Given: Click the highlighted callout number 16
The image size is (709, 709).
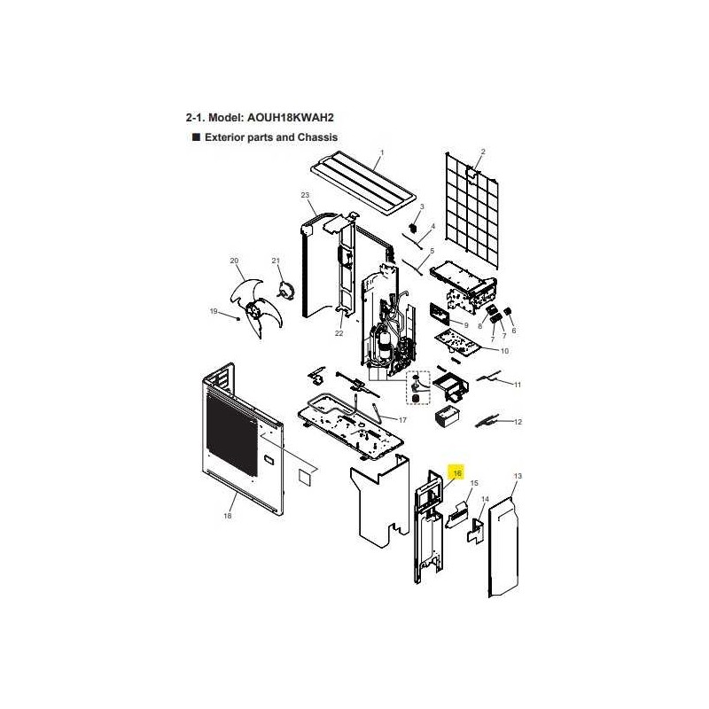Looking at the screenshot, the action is pyautogui.click(x=457, y=473).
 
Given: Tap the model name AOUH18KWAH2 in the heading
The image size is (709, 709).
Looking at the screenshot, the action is pyautogui.click(x=291, y=118).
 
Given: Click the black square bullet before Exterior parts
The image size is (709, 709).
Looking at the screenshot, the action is pyautogui.click(x=196, y=137).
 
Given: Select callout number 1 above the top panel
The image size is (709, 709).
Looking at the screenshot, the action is pyautogui.click(x=382, y=152).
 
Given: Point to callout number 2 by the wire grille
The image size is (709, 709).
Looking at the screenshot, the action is pyautogui.click(x=483, y=152).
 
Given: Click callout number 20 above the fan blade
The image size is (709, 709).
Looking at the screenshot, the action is pyautogui.click(x=234, y=261).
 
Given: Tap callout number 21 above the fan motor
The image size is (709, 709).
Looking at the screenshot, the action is pyautogui.click(x=276, y=261).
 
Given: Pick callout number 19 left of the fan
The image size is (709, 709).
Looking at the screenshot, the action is pyautogui.click(x=214, y=311).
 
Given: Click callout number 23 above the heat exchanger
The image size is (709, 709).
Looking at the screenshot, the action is pyautogui.click(x=305, y=195).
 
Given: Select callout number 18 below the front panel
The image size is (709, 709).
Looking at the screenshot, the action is pyautogui.click(x=228, y=516).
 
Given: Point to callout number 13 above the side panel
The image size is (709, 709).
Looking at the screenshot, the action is pyautogui.click(x=518, y=476).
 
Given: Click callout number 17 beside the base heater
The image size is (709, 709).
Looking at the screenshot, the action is pyautogui.click(x=402, y=420).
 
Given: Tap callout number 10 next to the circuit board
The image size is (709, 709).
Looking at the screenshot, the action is pyautogui.click(x=504, y=351).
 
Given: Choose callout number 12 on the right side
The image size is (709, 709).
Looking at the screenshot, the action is pyautogui.click(x=518, y=422).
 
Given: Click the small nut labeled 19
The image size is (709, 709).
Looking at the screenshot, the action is pyautogui.click(x=238, y=318).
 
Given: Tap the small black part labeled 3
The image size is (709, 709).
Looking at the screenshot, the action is pyautogui.click(x=412, y=228).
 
